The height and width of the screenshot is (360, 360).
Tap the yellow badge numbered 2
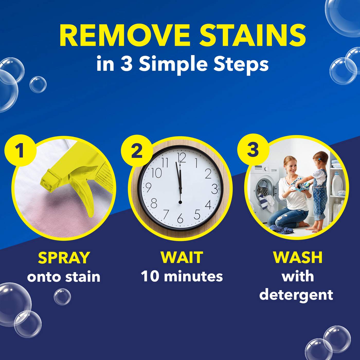pyautogui.click(x=137, y=150)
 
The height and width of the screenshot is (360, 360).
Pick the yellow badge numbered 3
pyautogui.click(x=253, y=150)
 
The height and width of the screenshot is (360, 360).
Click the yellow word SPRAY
pyautogui.click(x=64, y=258)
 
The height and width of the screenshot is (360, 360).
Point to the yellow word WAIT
pyautogui.click(x=182, y=257)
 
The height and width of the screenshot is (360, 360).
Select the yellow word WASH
pyautogui.click(x=298, y=257)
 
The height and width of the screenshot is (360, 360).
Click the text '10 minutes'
pyautogui.click(x=182, y=277)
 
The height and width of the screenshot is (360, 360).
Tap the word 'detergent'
pyautogui.click(x=296, y=295)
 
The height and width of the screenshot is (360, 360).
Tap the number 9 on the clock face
pyautogui.click(x=148, y=188)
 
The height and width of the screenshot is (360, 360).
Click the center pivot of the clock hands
pyautogui.click(x=180, y=202)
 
